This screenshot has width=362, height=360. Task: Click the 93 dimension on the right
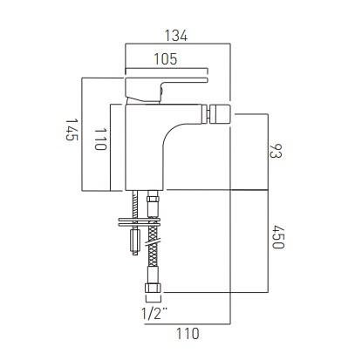coord(276,150)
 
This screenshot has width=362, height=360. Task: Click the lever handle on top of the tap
coord(166,85)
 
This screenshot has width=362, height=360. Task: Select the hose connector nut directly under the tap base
coord(154,205)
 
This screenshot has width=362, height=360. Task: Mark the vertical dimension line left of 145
coord(82,132)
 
